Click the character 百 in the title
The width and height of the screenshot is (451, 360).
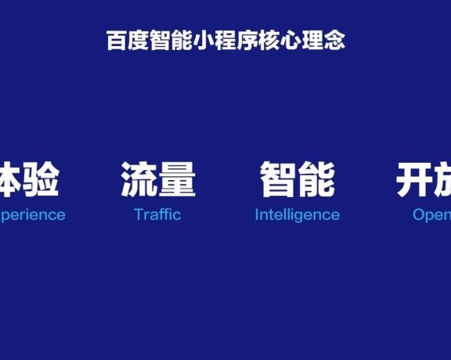(116, 41)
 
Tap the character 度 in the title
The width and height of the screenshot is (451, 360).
(136, 41)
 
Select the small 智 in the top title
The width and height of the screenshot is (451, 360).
(157, 41)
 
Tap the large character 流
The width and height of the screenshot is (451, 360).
(138, 179)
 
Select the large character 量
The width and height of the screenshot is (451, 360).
(177, 179)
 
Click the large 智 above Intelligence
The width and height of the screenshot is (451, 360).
(278, 179)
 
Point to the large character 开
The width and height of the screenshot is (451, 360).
(413, 179)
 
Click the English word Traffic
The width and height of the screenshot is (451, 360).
(157, 214)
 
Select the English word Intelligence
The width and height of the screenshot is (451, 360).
(298, 214)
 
